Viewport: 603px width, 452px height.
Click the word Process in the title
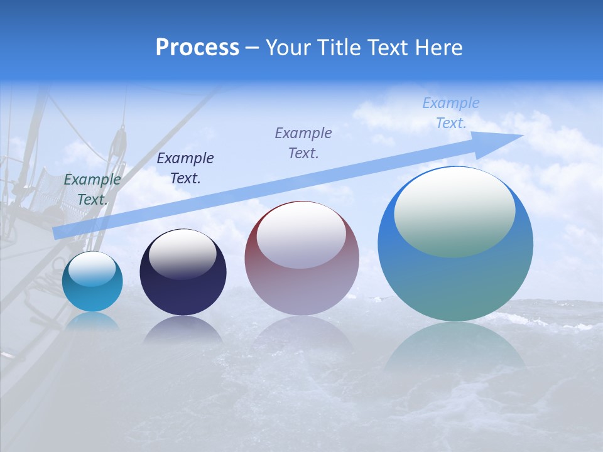(x=197, y=48)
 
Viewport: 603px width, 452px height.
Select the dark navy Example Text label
(x=185, y=168)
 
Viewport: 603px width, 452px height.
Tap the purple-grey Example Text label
(x=303, y=143)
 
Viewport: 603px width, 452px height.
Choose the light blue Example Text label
(x=450, y=113)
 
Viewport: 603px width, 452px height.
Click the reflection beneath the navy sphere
(x=182, y=330)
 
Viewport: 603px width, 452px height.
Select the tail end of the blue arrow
(x=60, y=232)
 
